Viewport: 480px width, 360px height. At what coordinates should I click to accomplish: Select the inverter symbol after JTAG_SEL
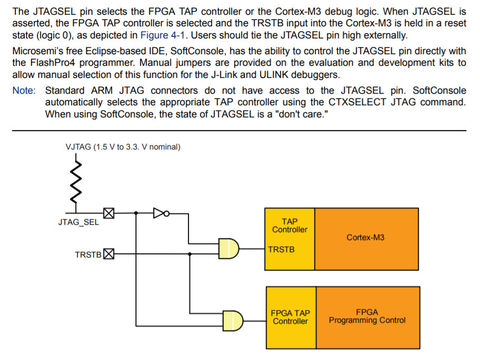pos(159,213)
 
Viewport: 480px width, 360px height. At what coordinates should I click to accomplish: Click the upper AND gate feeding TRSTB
pos(229,248)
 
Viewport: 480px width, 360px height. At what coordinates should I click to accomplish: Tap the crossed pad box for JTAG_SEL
pos(108,213)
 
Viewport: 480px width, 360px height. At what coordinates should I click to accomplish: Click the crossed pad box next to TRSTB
pos(108,255)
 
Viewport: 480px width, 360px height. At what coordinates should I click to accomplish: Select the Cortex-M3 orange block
pos(366,238)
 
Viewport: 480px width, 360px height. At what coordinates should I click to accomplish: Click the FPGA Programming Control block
pos(367,316)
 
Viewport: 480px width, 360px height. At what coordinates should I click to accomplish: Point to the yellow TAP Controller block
pos(289,226)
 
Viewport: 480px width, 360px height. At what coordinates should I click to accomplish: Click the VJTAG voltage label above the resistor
pos(123,147)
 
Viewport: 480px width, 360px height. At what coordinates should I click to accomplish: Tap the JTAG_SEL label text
pos(78,222)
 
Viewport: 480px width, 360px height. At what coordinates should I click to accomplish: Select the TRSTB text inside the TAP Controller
pos(281,249)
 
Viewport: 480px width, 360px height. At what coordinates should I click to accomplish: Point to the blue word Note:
pos(24,91)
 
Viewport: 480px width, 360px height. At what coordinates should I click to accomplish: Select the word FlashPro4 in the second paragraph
pos(55,63)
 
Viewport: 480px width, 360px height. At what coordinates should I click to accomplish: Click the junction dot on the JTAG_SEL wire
pos(136,213)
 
